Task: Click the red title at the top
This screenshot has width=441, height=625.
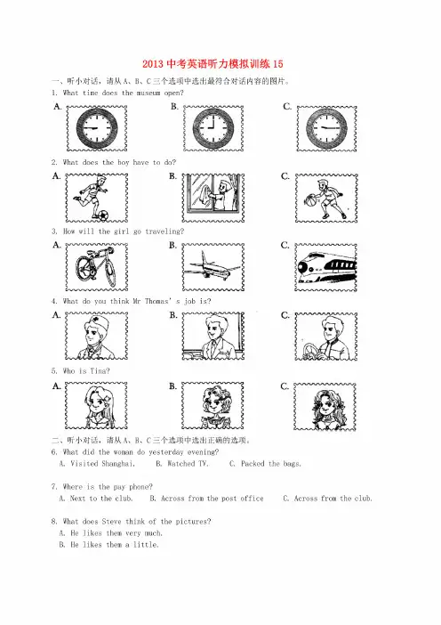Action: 212,64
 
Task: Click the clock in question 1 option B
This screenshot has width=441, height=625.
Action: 213,128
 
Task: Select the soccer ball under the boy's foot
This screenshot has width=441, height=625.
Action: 102,215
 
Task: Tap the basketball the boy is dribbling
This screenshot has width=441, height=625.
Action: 309,200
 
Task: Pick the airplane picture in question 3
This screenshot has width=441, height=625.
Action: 212,267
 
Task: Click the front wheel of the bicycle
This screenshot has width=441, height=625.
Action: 84,268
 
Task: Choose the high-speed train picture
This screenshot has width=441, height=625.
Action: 326,268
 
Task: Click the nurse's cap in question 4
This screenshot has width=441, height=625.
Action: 95,322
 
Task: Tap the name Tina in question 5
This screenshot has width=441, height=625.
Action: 100,371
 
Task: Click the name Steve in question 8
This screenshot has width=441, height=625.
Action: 111,522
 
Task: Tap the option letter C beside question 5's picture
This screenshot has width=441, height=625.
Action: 285,386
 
